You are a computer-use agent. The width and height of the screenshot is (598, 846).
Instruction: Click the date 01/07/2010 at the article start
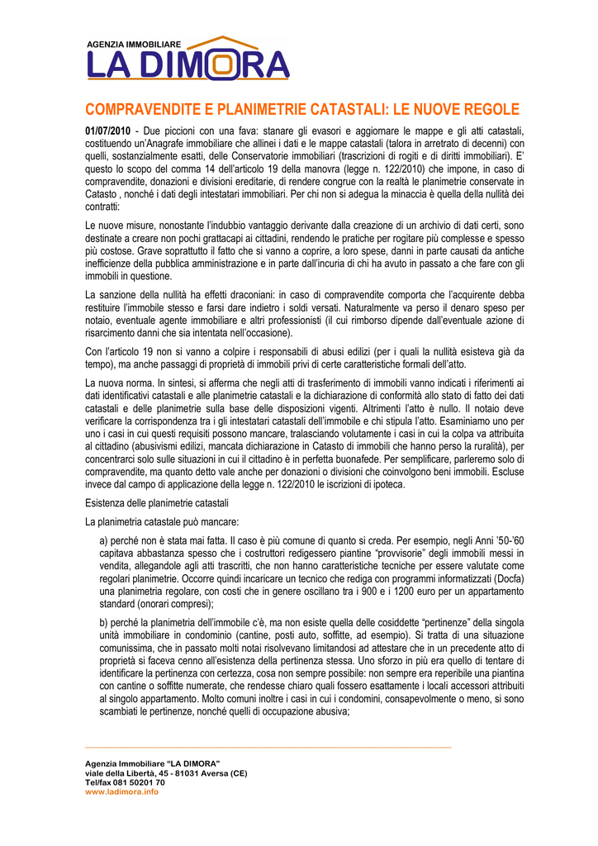point(109,131)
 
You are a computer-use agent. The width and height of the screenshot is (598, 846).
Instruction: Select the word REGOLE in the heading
point(490,109)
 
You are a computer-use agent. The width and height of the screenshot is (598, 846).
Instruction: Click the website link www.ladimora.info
point(121,791)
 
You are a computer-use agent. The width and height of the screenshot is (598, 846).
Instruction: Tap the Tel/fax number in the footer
point(125,782)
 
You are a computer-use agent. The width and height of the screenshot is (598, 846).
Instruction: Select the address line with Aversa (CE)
point(166,773)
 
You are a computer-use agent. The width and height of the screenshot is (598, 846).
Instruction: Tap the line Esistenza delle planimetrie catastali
point(157,503)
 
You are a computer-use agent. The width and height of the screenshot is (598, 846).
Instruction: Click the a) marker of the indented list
point(103,540)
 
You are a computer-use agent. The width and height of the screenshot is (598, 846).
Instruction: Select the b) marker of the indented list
point(103,621)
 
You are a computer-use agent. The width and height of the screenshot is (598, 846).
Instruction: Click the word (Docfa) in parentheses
point(507,577)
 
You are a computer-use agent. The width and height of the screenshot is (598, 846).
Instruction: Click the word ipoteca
point(384,484)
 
